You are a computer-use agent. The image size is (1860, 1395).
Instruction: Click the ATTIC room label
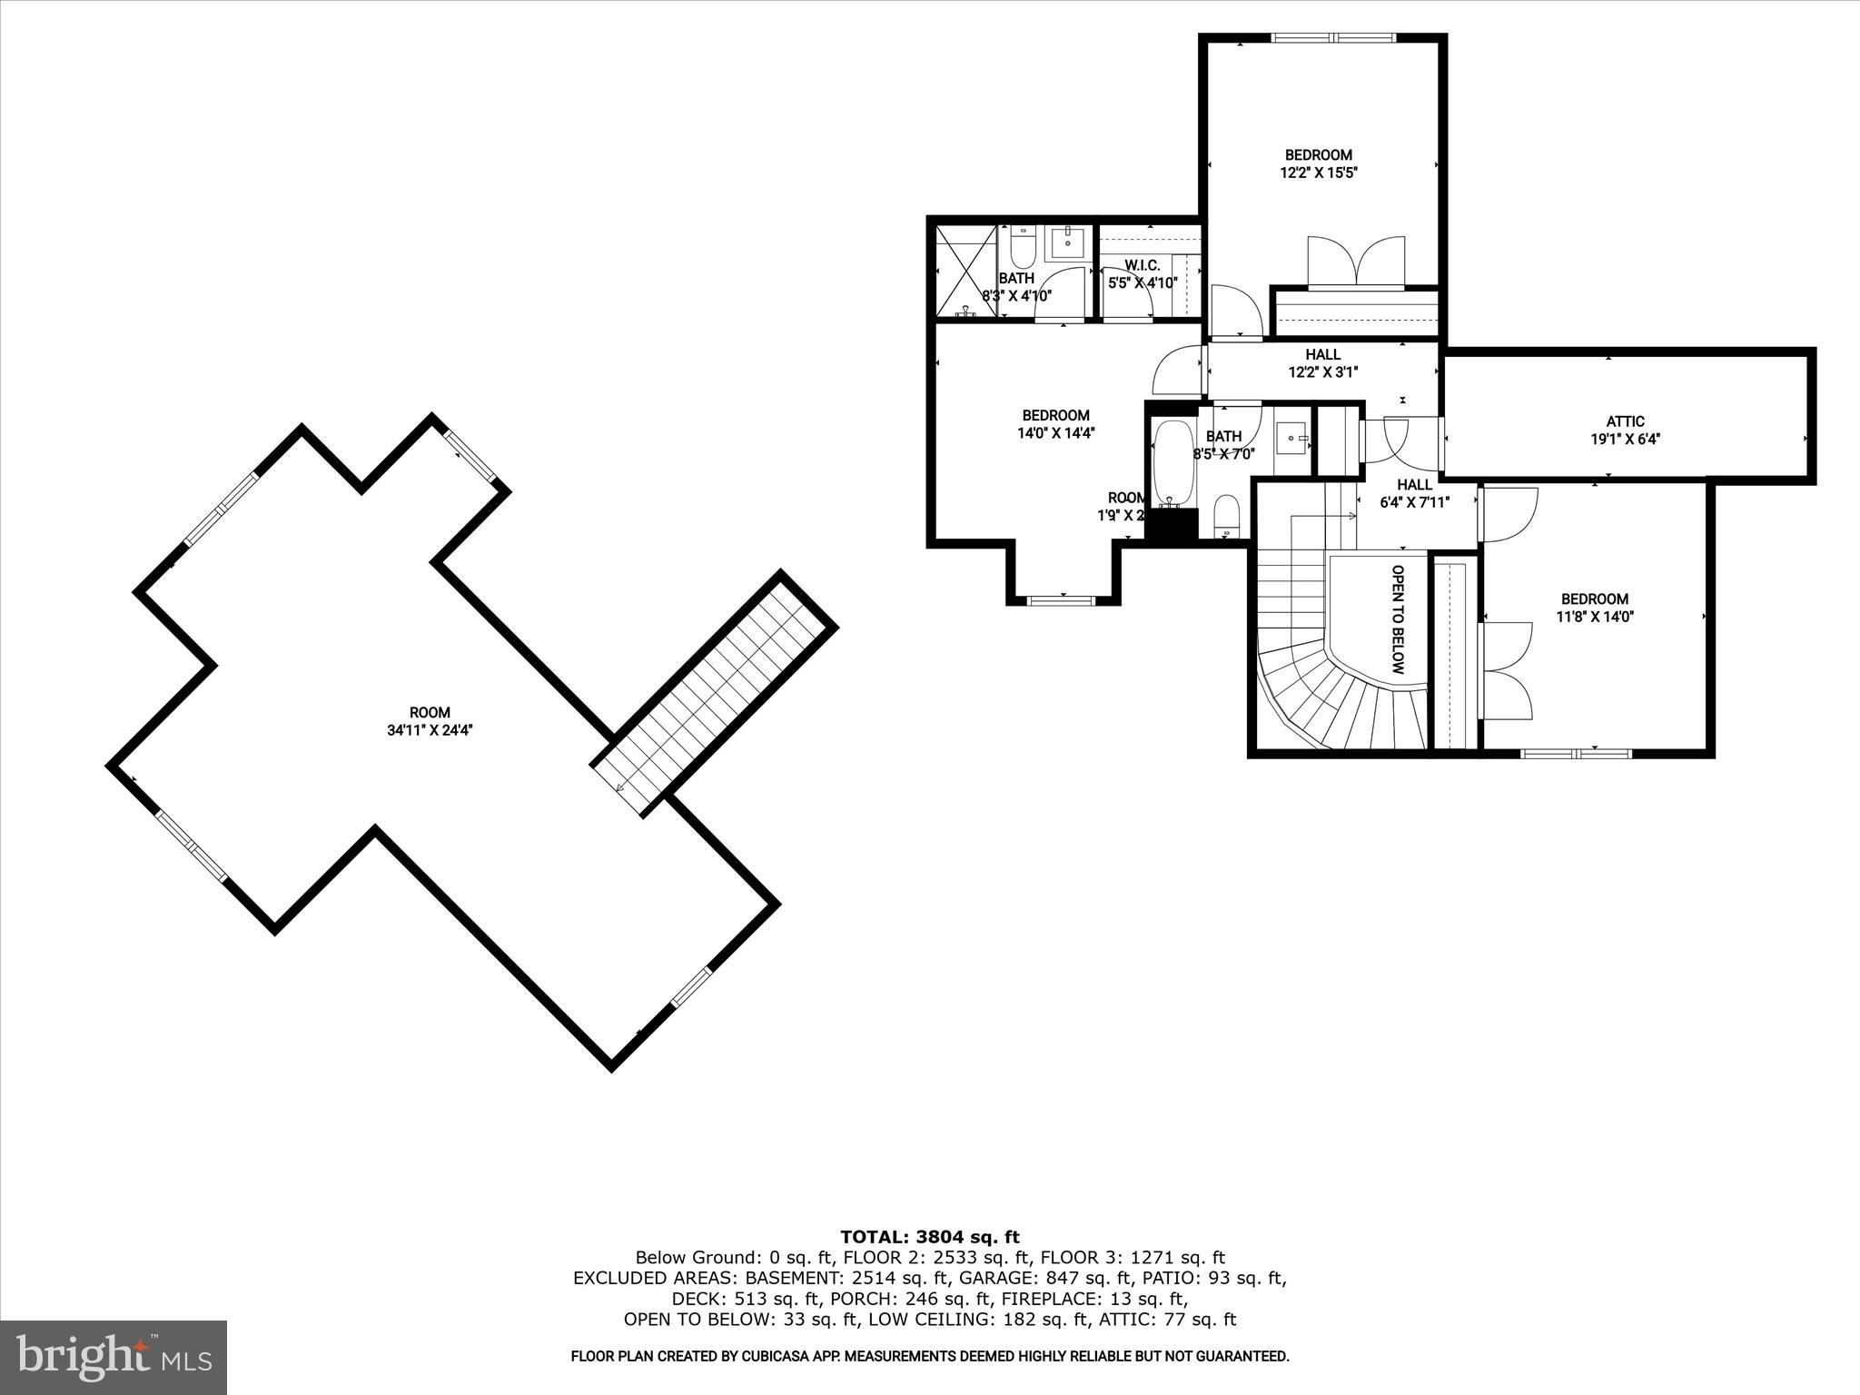coord(1625,421)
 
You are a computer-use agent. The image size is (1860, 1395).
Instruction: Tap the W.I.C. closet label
coord(1142,265)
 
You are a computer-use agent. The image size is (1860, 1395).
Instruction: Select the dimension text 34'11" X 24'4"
coord(430,729)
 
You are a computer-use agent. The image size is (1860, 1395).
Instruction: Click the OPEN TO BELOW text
coord(1398,619)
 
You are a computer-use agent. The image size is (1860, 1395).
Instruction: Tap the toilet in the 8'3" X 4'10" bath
coord(1023,247)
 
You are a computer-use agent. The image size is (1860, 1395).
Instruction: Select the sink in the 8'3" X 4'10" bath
coord(1068,242)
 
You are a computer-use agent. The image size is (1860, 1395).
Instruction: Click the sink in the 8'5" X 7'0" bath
coord(1291,439)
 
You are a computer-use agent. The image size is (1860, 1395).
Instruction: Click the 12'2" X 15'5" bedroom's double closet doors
coord(1355,262)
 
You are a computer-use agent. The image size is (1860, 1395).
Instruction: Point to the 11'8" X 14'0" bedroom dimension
coord(1594,617)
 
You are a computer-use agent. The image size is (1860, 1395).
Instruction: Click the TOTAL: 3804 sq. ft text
coord(929,1237)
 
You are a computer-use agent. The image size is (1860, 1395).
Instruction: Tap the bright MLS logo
coord(114,1357)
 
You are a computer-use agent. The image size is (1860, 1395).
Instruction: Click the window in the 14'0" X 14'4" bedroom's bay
coord(1062,599)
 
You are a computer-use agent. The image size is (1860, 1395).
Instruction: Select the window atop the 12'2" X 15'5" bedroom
coord(1333,38)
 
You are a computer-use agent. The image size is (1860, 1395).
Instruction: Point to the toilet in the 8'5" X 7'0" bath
coord(1226,515)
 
